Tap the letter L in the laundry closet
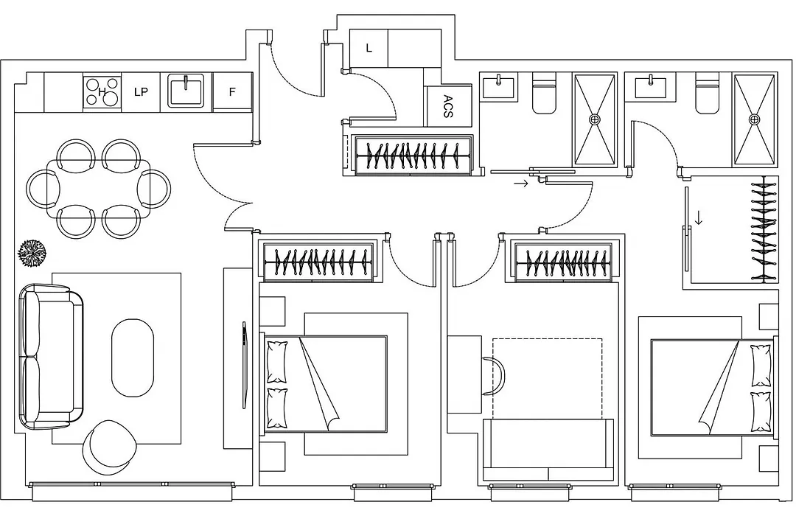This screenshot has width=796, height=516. [369, 48]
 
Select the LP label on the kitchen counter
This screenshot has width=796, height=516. [141, 92]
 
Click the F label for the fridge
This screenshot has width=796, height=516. [232, 92]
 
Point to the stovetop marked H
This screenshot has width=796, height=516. [102, 91]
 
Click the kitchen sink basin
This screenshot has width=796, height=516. [186, 91]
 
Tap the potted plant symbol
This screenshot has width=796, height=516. [33, 253]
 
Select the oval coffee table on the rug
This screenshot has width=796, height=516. [132, 358]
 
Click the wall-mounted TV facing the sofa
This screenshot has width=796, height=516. [245, 365]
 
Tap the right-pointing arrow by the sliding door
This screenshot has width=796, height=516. [521, 183]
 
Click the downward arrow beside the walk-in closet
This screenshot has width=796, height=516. [699, 218]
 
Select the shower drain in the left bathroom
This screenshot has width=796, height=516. [595, 119]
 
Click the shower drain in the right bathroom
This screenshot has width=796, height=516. [755, 119]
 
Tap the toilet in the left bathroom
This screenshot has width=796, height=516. [545, 93]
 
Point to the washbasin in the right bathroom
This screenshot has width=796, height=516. [650, 86]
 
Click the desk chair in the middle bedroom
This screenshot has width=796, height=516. [493, 377]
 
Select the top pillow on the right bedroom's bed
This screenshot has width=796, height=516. [761, 365]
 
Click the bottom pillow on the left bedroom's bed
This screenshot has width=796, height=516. [276, 408]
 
